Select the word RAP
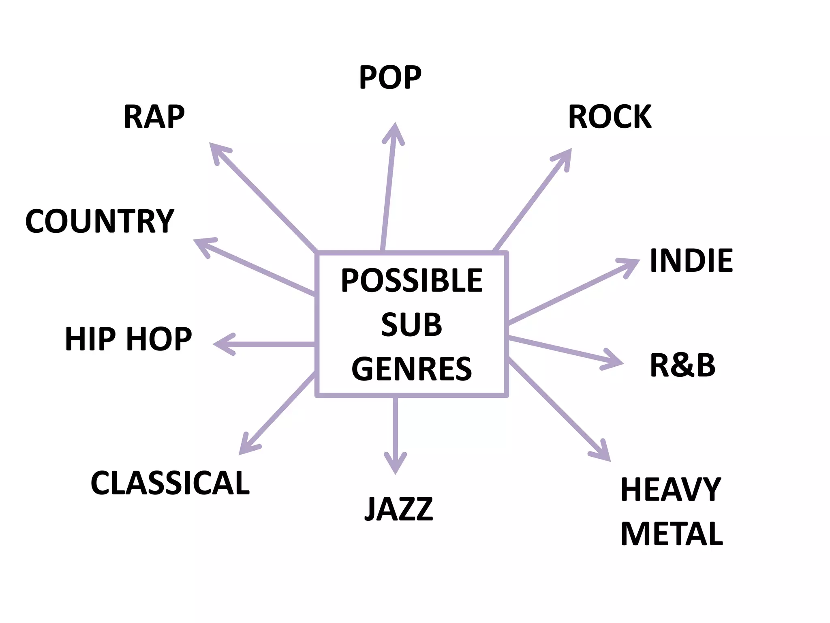(x=154, y=116)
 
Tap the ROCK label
(x=610, y=116)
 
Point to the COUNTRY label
(x=100, y=221)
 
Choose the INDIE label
(x=691, y=260)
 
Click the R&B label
(x=683, y=365)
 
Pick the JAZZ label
(x=399, y=509)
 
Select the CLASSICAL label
(x=170, y=483)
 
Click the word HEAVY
(x=671, y=490)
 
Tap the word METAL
(x=672, y=534)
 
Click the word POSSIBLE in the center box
(x=412, y=280)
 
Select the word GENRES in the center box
(x=412, y=369)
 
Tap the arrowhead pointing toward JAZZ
(x=395, y=464)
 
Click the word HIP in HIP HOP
(x=90, y=339)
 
